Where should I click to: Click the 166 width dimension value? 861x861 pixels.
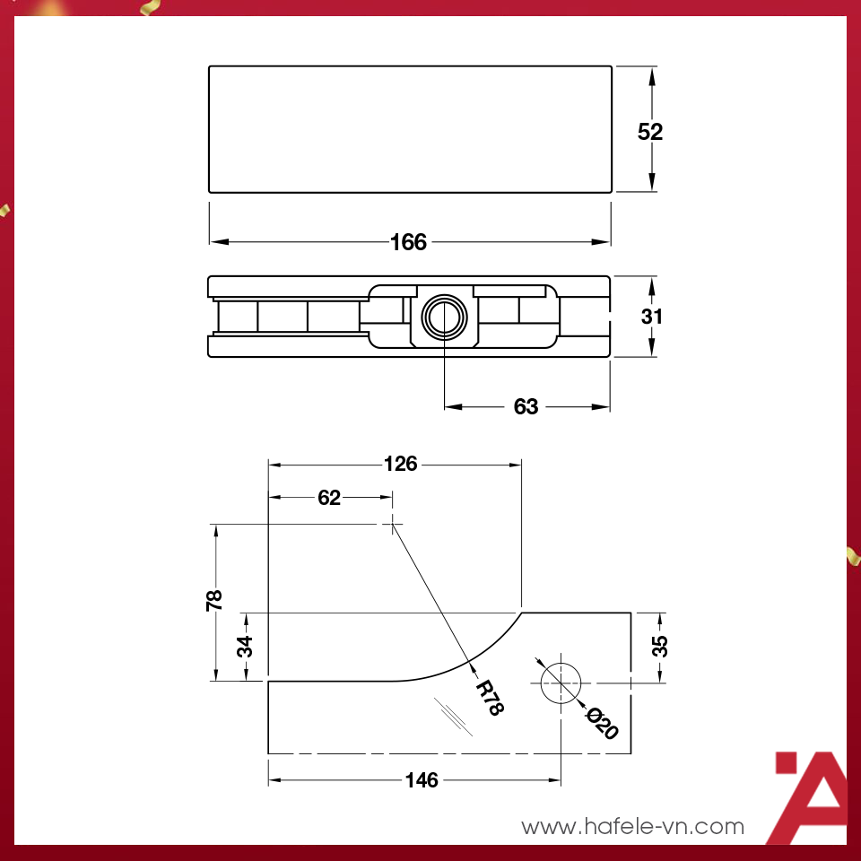coord(409,242)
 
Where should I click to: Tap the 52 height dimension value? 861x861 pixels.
coord(650,132)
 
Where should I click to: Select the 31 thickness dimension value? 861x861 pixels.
coord(651,317)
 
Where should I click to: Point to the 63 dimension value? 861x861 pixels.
coord(526,407)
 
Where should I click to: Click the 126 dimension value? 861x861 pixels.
coord(400,464)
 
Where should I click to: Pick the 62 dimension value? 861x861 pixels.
coord(329,498)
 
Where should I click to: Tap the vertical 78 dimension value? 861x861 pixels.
coord(215,601)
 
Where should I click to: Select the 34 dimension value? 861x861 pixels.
coord(246,646)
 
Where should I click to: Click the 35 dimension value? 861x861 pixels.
coord(659,646)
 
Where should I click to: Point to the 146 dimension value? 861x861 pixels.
coord(422,780)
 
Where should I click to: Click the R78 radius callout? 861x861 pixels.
coord(490,697)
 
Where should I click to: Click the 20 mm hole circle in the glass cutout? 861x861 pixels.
coord(561,683)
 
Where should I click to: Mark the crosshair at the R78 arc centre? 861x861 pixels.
coord(392,525)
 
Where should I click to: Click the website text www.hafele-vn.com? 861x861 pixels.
coord(633,826)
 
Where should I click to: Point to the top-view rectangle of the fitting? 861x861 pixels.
coord(410,128)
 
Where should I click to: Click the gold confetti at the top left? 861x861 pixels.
coord(148,9)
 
